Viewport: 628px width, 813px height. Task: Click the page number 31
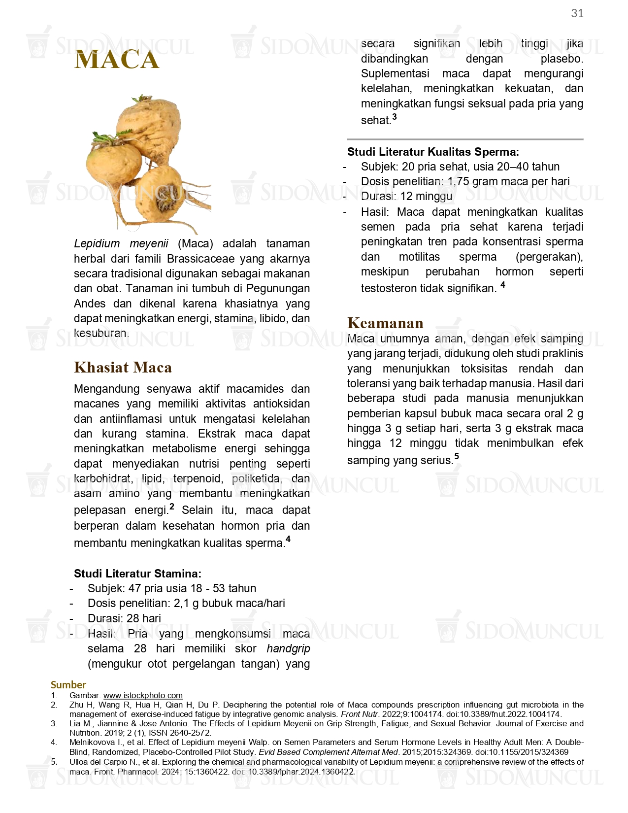(577, 13)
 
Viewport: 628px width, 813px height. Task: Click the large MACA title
(117, 60)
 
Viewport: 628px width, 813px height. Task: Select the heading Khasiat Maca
(123, 368)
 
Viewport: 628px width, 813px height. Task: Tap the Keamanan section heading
(385, 323)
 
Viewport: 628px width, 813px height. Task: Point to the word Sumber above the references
(68, 684)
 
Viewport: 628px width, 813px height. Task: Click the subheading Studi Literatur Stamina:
(137, 574)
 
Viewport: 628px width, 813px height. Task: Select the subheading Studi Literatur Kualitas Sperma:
(433, 152)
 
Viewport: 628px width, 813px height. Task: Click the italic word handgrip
(288, 648)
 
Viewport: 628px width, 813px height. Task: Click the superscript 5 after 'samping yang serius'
(457, 456)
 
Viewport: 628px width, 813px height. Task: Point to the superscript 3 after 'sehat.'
(394, 117)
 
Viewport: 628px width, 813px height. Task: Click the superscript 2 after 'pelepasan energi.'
(172, 506)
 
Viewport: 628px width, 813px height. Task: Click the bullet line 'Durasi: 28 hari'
(124, 618)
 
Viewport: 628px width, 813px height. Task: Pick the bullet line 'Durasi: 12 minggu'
(406, 196)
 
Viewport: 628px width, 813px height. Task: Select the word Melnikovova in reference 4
(91, 742)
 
